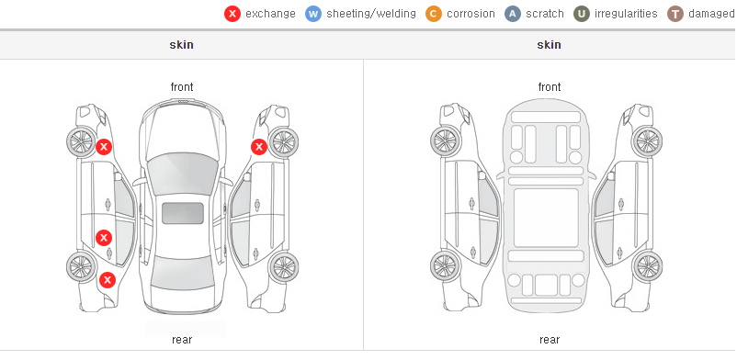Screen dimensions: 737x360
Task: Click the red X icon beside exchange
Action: click(x=232, y=14)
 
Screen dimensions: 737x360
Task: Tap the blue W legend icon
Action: click(x=313, y=14)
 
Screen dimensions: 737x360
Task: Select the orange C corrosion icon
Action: click(x=434, y=14)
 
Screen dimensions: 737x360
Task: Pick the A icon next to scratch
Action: click(x=513, y=14)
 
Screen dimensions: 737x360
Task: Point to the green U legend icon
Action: click(x=582, y=14)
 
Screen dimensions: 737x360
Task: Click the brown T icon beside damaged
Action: click(x=675, y=14)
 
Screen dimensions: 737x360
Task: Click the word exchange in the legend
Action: click(x=270, y=14)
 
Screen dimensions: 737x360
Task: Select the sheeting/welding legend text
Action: click(x=371, y=14)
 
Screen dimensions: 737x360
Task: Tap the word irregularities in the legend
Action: click(x=626, y=14)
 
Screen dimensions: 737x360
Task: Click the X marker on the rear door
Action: click(x=104, y=238)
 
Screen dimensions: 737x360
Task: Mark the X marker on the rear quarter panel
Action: click(x=108, y=281)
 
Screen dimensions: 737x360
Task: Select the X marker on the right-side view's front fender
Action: click(x=259, y=147)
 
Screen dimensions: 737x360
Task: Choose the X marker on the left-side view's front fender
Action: click(x=104, y=147)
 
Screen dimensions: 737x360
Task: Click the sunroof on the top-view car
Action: click(x=183, y=213)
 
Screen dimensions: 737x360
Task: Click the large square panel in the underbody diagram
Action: click(x=546, y=218)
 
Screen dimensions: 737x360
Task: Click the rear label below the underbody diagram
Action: click(x=550, y=340)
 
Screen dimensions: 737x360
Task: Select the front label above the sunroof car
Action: click(x=182, y=87)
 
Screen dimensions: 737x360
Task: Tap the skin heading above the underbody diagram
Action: click(x=549, y=45)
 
